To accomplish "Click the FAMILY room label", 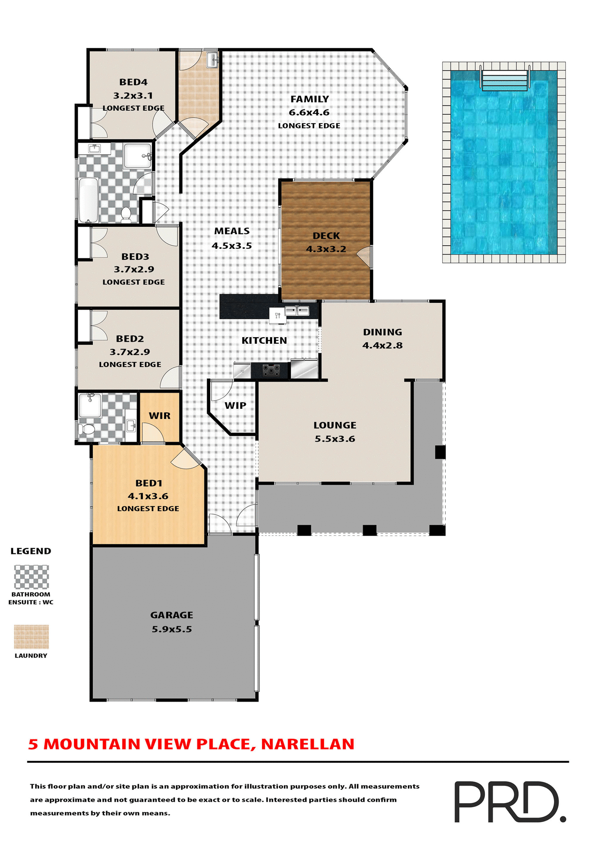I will click(x=309, y=99).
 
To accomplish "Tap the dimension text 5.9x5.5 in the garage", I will click(x=172, y=629).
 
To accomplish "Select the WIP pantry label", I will click(x=235, y=406).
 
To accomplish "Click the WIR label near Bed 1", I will click(x=160, y=416).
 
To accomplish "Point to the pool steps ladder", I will click(x=505, y=80).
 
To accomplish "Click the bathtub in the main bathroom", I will click(x=88, y=200).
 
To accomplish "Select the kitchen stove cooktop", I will click(x=271, y=371).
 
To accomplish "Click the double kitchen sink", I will click(x=297, y=311).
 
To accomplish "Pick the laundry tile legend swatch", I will click(x=31, y=637).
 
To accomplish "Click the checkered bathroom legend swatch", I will click(x=31, y=577).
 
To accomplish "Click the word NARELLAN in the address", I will click(x=308, y=744).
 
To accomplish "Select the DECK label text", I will click(x=326, y=236).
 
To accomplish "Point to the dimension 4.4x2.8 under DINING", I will click(x=382, y=346).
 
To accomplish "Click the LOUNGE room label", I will click(x=335, y=426).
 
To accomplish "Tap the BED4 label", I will click(x=133, y=82).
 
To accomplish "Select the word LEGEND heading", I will click(x=31, y=551).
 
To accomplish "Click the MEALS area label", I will click(x=232, y=231).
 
